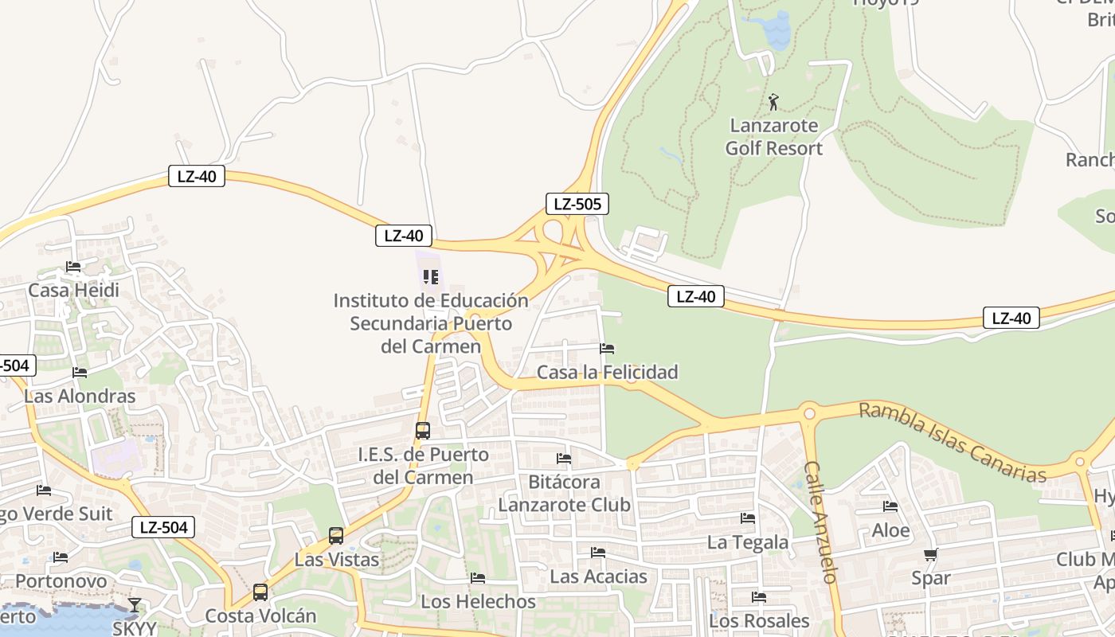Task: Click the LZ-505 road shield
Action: pos(577,204)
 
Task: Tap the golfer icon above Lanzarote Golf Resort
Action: pos(773,102)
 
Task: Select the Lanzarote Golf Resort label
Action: pos(774,137)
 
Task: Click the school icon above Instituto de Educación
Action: pos(431,277)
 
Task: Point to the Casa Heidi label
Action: pos(73,290)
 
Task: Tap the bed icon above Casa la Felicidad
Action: pos(607,349)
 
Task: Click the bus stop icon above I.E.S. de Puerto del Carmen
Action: pos(423,431)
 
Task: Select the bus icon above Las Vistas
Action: pos(336,536)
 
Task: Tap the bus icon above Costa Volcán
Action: pos(260,592)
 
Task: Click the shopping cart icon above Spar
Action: pos(930,554)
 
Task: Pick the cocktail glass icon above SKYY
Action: pos(135,605)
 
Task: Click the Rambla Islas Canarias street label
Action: pos(953,443)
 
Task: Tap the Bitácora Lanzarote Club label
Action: pos(565,494)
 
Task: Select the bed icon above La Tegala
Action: pos(748,518)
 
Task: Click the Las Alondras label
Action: pos(80,396)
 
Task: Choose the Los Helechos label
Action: pos(478,601)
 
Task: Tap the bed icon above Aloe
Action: pos(890,506)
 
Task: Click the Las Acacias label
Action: pos(598,576)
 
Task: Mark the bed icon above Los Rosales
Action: pos(759,597)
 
